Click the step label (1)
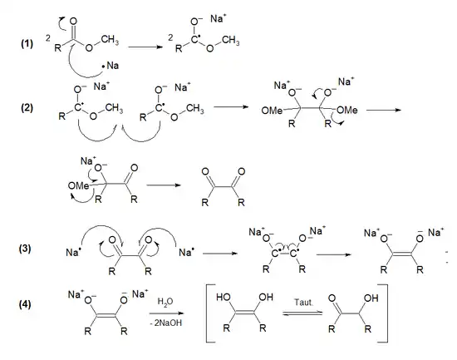point(26,42)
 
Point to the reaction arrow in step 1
point(146,47)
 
